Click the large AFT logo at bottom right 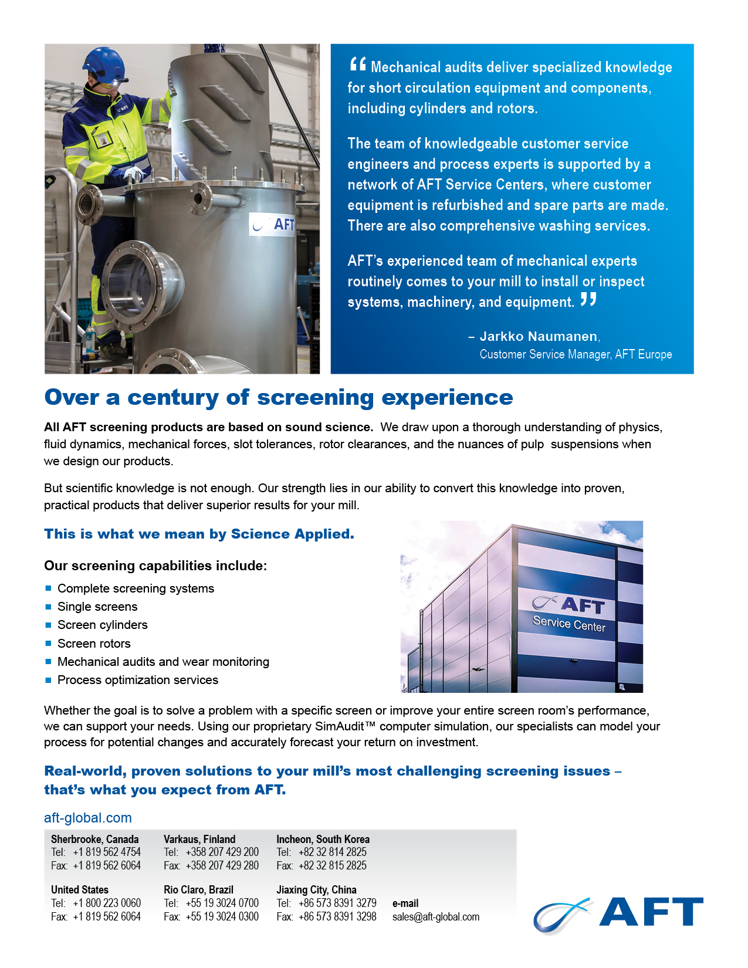[x=619, y=913]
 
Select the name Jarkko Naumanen [x=539, y=336]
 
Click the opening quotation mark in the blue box [x=357, y=65]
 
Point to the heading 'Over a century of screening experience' [x=279, y=397]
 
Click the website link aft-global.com [x=88, y=818]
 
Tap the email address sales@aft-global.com [x=436, y=917]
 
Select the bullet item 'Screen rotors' [x=94, y=644]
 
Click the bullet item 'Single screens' [x=97, y=607]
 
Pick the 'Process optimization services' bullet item [x=138, y=680]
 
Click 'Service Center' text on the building [x=568, y=624]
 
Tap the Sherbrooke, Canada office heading [x=95, y=840]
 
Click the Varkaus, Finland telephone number [x=222, y=852]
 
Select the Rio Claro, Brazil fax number [x=222, y=916]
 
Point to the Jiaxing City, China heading [x=316, y=890]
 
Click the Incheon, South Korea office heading [x=323, y=840]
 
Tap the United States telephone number [x=107, y=903]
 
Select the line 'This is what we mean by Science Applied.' [x=199, y=534]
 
